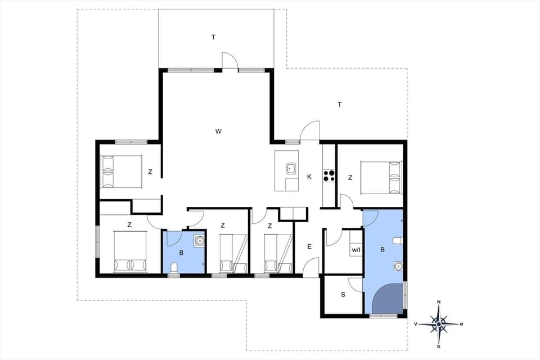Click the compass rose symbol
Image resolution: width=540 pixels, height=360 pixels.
click(x=439, y=324)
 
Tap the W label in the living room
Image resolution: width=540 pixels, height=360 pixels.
click(x=218, y=132)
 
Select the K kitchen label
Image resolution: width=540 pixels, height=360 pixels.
click(x=309, y=177)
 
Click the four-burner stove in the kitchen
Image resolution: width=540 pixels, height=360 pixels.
click(x=328, y=176)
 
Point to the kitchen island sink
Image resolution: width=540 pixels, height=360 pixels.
click(x=291, y=168)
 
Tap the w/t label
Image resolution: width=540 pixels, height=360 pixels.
click(x=355, y=249)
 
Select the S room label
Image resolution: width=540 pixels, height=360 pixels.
click(x=343, y=294)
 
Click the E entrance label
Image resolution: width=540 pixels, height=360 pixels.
click(x=309, y=246)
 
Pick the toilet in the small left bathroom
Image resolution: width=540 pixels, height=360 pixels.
click(x=174, y=272)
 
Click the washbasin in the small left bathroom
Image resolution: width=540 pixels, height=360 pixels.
click(x=199, y=241)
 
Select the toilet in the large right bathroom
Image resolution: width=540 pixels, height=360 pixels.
click(x=398, y=241)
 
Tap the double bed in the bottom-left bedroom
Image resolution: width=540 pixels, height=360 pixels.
click(x=130, y=251)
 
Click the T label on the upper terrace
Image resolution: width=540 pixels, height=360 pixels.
click(x=213, y=37)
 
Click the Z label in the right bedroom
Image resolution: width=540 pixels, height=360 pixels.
click(x=350, y=178)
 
